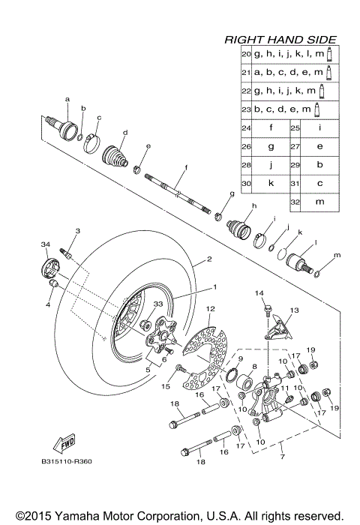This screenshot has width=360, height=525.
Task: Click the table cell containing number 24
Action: (x=246, y=128)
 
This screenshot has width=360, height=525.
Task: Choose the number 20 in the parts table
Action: (x=246, y=55)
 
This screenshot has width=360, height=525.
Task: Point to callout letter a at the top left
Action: (x=67, y=99)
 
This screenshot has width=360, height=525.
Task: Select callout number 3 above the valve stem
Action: (x=76, y=232)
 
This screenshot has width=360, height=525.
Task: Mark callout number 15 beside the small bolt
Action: (x=166, y=386)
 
